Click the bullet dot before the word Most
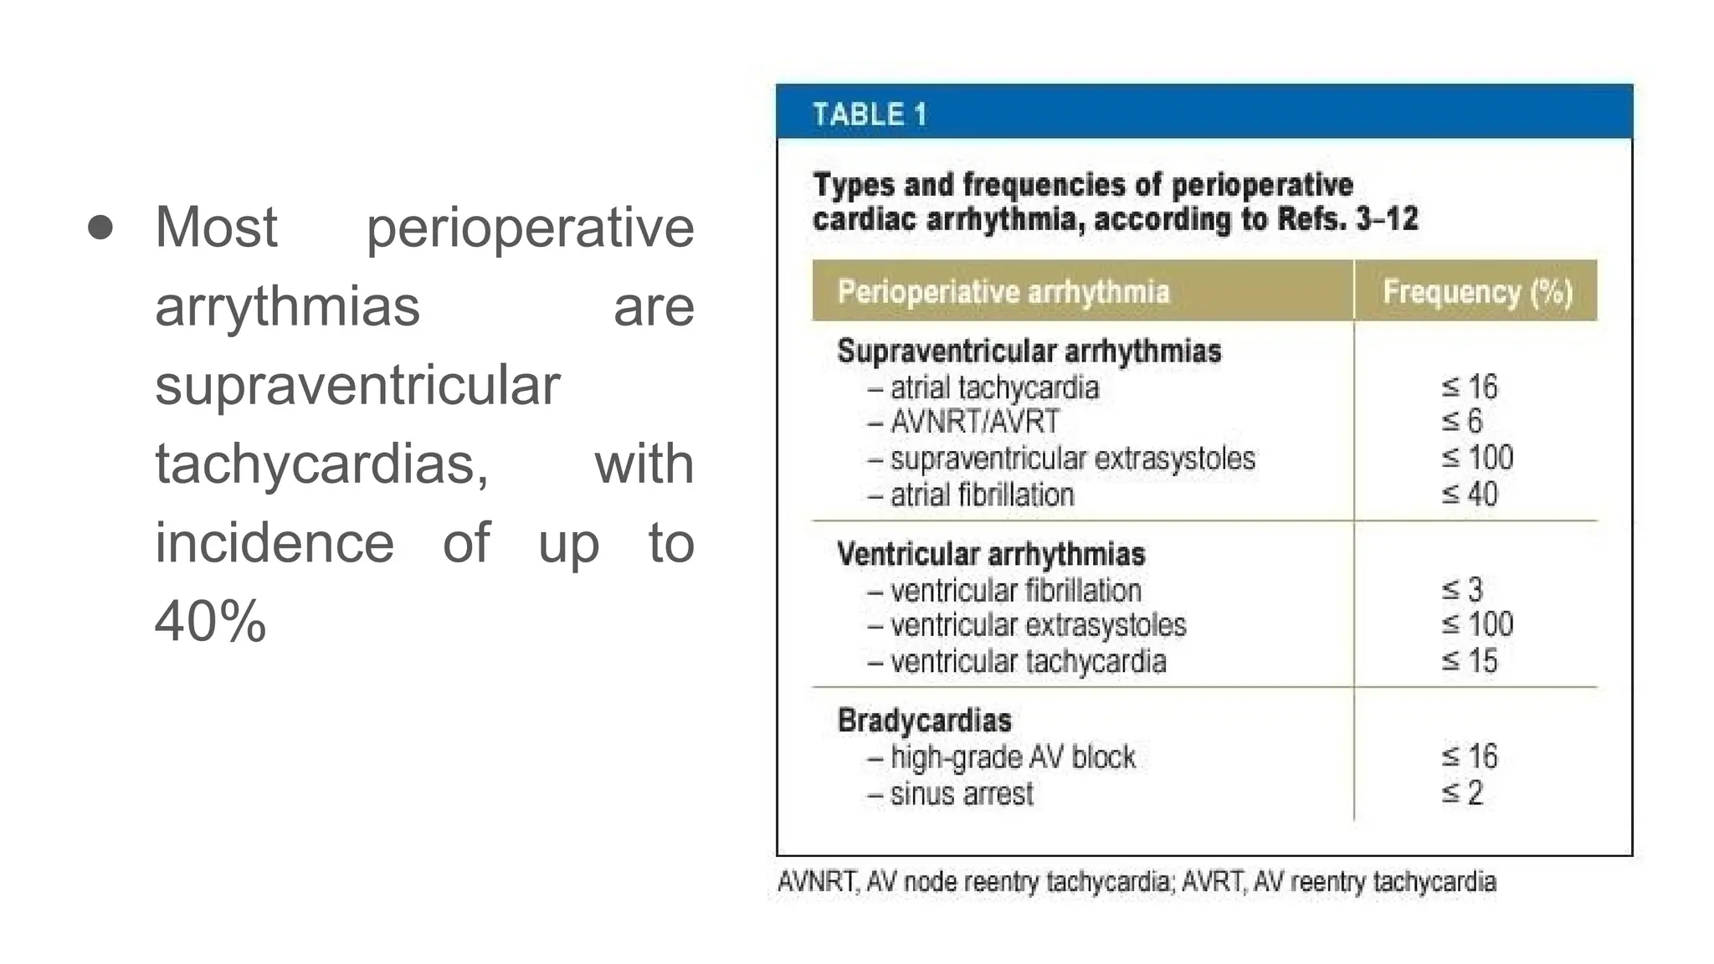coord(100,228)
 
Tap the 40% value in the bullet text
coord(210,622)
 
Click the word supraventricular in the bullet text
coord(357,385)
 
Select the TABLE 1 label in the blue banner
coord(870,114)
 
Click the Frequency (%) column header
coord(1477,292)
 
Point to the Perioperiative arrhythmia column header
coord(1003,292)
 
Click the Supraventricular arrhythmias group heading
coord(1029,351)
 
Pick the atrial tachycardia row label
coord(993,388)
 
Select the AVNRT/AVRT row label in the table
coord(974,422)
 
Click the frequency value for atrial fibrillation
coord(1470,495)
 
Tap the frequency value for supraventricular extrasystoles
coord(1477,458)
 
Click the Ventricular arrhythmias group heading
coord(991,554)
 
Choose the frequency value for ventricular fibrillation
coord(1462,590)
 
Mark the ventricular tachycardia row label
coord(1028,662)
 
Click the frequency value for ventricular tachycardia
coord(1470,661)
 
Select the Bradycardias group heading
coord(924,720)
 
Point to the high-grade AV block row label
coord(1012,757)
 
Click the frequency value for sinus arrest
coord(1462,793)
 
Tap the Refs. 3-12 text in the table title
coord(1347,219)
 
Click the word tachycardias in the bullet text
coord(321,464)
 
